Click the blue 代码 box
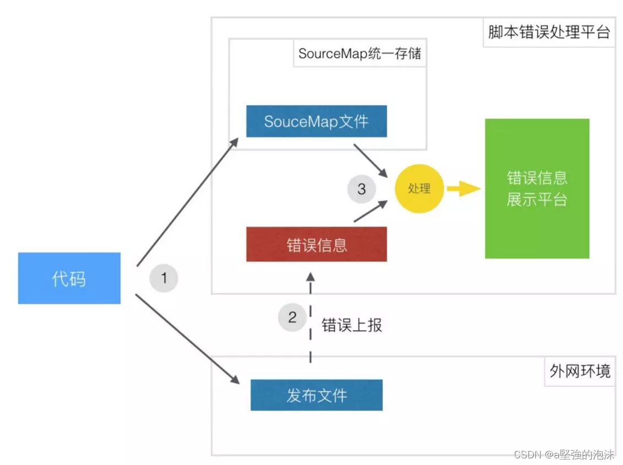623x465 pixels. tap(69, 278)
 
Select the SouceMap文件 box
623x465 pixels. tap(316, 121)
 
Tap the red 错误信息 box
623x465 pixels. tap(316, 244)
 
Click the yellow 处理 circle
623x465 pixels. tap(419, 189)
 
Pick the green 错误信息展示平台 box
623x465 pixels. tap(536, 188)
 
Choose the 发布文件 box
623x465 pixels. tap(316, 395)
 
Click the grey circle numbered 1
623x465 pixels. tap(164, 278)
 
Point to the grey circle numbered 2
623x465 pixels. tap(292, 317)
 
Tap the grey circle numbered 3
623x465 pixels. tap(361, 189)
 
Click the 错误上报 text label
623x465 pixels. tap(352, 325)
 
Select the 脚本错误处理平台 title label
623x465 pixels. tap(549, 32)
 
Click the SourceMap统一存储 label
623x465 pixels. tap(359, 53)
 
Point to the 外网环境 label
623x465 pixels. tap(580, 371)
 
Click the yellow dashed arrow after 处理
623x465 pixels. tap(462, 190)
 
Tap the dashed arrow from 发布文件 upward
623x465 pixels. tap(310, 320)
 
